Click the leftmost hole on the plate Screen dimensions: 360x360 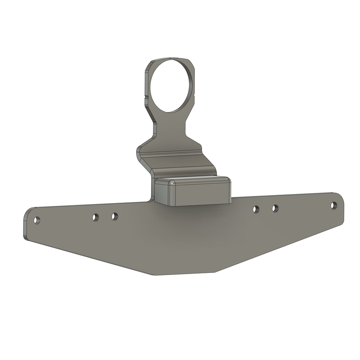[x=37, y=220]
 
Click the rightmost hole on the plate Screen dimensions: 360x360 [x=334, y=205]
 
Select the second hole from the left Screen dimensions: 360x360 [x=95, y=217]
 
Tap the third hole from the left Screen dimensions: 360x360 [x=114, y=216]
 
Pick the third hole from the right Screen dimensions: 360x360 [x=256, y=209]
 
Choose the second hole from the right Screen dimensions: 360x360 [x=275, y=208]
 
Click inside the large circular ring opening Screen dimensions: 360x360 [x=171, y=85]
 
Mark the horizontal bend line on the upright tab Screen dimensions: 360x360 [x=173, y=156]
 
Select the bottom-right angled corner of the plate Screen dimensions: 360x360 [x=215, y=272]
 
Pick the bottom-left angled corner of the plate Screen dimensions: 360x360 [x=155, y=275]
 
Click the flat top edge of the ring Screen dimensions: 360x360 [x=169, y=59]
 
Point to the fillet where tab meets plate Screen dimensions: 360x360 [x=152, y=199]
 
